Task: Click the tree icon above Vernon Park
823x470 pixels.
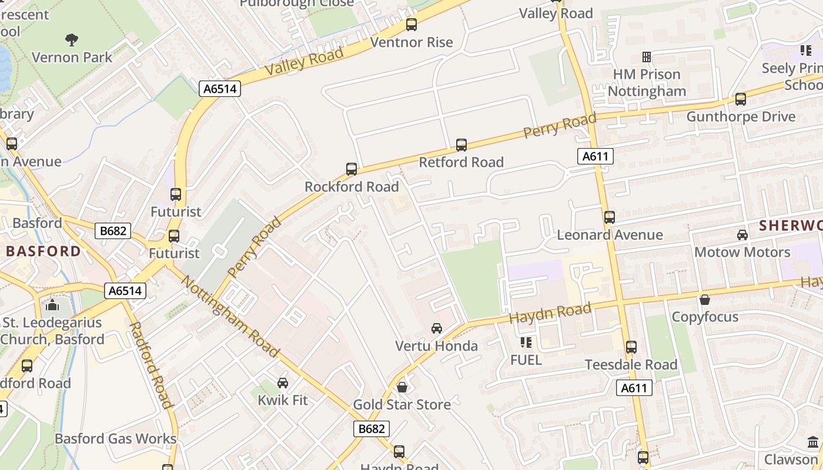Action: click(72, 40)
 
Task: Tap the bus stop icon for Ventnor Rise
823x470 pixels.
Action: click(411, 25)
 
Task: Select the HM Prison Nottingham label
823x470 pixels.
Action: click(647, 83)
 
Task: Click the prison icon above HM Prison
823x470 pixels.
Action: click(647, 57)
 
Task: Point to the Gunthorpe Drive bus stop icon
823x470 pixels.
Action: click(741, 99)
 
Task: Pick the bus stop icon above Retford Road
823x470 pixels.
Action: click(461, 145)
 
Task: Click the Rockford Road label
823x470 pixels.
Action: click(352, 187)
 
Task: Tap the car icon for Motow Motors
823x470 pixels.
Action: click(742, 235)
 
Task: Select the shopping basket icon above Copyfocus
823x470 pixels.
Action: click(705, 300)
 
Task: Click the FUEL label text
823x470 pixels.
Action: click(526, 360)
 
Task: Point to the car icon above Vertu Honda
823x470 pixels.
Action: click(437, 328)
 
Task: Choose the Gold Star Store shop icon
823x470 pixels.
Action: click(402, 387)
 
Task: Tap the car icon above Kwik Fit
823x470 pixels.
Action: click(283, 383)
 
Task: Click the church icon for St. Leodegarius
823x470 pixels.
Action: click(52, 305)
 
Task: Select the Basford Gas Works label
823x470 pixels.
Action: click(115, 439)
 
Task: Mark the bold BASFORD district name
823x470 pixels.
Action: click(44, 251)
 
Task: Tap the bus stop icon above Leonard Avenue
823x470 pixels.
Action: click(610, 217)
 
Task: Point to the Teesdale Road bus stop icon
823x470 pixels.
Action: click(631, 347)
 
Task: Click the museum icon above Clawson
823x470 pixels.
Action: click(813, 442)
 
